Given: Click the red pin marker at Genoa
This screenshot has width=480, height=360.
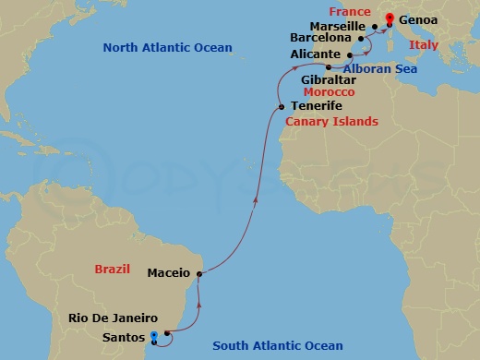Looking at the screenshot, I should coord(390,18).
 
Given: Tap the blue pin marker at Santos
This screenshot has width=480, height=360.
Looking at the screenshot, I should coord(154,337).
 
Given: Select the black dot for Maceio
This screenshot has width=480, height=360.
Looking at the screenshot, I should coord(199,273).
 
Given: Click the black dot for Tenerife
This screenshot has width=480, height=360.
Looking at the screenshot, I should coord(282,107).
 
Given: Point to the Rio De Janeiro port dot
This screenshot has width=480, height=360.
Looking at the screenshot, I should coord(167,333).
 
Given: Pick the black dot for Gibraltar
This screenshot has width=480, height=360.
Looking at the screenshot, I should coord(329,67).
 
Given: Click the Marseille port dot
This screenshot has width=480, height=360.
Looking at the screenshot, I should coord(375,26).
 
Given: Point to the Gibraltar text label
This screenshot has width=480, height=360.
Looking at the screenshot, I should coord(330,80).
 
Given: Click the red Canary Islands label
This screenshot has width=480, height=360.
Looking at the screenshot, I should coord(331,122).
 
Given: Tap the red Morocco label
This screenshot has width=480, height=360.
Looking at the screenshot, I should coord(330,93).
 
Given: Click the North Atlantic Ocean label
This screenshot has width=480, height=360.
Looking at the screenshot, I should coord(167,48).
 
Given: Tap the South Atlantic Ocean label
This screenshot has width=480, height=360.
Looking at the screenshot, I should coord(278,346).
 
